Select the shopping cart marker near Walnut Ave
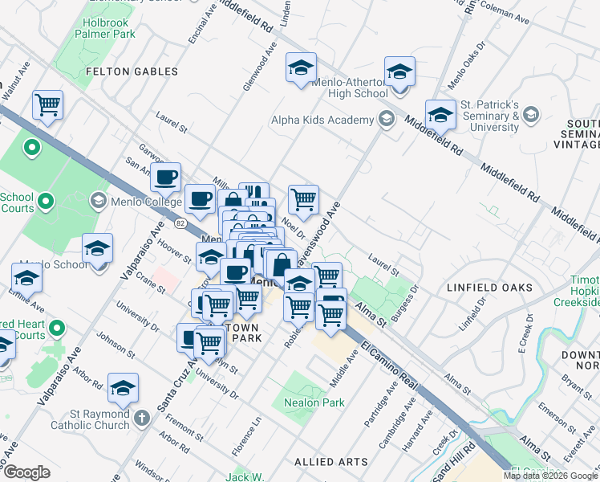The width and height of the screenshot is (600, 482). click(48, 105)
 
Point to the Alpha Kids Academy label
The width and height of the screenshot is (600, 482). click(322, 120)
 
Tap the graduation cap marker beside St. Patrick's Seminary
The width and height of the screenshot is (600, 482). click(440, 116)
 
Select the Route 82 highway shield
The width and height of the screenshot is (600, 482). click(180, 223)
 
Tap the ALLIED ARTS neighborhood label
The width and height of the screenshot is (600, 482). click(330, 462)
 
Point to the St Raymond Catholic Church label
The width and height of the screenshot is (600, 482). click(88, 419)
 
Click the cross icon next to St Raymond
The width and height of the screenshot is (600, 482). click(142, 419)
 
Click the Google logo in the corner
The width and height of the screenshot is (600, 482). click(26, 472)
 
